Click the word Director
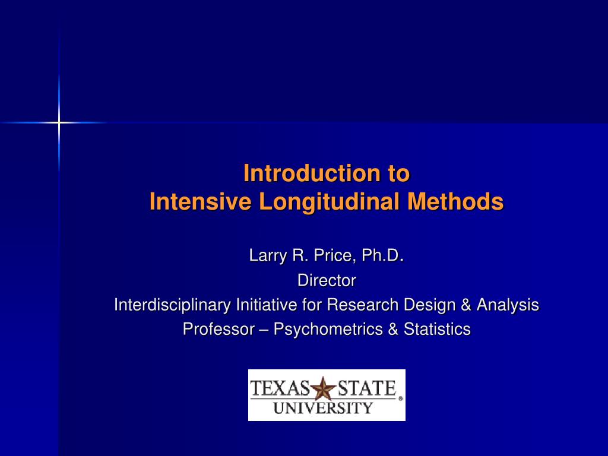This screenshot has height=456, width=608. pos(327,280)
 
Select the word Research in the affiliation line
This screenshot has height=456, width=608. pos(363,305)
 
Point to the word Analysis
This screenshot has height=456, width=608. pos(508,305)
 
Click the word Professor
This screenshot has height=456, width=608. pos(218,329)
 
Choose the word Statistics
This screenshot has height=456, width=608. pos(437,329)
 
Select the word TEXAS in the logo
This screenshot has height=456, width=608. pos(280,389)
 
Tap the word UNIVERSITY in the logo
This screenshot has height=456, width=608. pos(323,408)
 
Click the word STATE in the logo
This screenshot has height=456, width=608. pos(366,389)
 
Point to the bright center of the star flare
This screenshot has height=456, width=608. pos(59,122)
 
